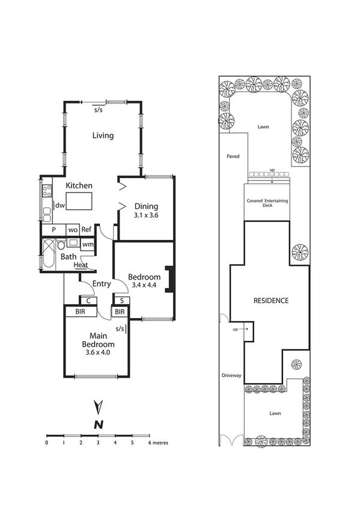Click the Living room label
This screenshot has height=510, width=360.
tap(103, 135)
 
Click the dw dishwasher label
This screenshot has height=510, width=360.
tap(59, 205)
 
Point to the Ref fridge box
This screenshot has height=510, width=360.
tap(87, 229)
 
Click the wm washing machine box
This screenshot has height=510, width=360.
tap(87, 244)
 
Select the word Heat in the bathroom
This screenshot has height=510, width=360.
tap(81, 265)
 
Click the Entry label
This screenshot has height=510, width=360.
tap(101, 284)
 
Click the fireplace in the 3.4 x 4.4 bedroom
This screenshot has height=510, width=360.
tap(171, 280)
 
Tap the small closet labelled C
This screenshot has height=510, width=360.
tap(89, 300)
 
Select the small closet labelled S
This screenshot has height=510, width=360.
tap(122, 300)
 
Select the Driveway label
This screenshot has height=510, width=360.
tap(232, 375)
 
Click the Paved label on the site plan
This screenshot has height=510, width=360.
tap(233, 156)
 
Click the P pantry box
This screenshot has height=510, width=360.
tap(53, 229)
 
